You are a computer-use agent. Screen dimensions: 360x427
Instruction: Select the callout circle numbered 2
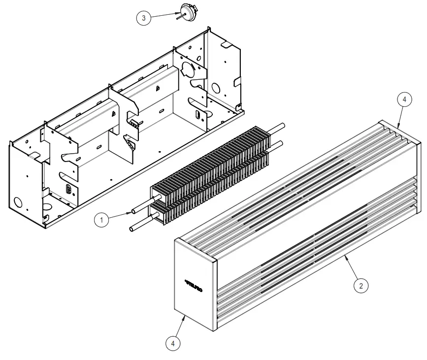(x=361, y=285)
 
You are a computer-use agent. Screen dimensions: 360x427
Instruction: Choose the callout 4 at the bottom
(x=173, y=343)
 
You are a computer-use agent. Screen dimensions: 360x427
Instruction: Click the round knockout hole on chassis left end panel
(x=18, y=202)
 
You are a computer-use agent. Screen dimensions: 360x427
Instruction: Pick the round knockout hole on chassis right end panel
(x=216, y=89)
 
